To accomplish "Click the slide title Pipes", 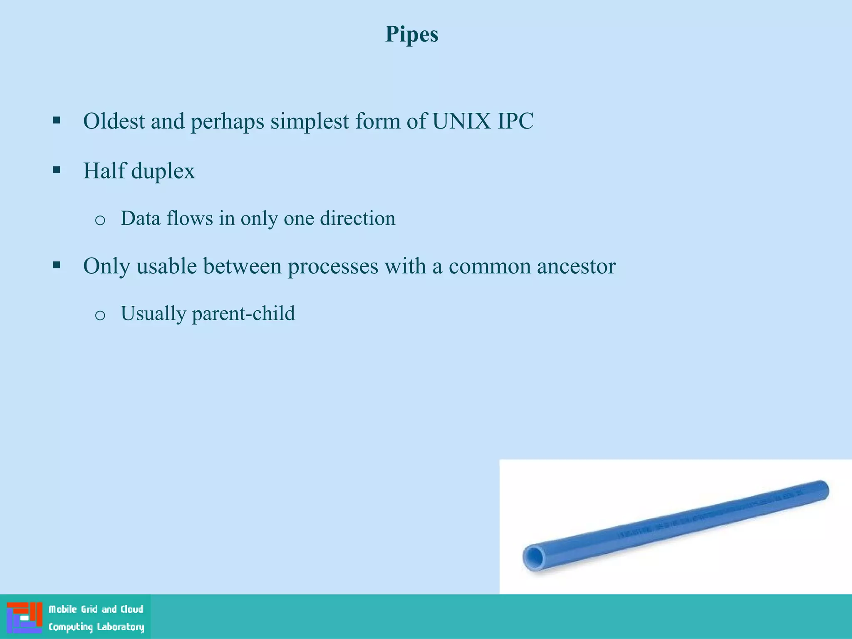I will [411, 34].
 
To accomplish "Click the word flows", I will [190, 218].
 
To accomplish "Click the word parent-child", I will [243, 314].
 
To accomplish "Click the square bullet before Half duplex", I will [57, 170].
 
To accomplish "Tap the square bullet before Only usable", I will [57, 265].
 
